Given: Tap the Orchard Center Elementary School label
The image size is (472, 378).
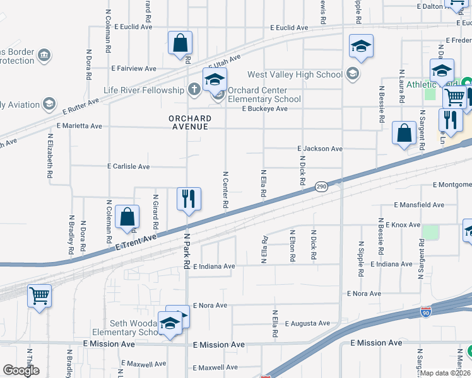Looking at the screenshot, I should click(x=264, y=94).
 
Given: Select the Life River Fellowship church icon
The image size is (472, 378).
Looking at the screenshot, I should click(x=194, y=90).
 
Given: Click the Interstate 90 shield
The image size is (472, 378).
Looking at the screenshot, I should click(x=426, y=312).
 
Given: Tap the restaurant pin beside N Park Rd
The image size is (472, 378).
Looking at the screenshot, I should click(x=188, y=199).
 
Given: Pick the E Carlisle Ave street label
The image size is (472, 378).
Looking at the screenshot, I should click(x=129, y=167).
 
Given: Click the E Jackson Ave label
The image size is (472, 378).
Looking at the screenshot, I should click(x=320, y=149).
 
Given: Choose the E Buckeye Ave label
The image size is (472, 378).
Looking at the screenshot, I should click(x=265, y=108).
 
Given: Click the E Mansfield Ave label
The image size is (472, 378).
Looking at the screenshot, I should click(x=419, y=205).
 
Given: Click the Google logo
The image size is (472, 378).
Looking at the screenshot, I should click(x=21, y=370).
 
